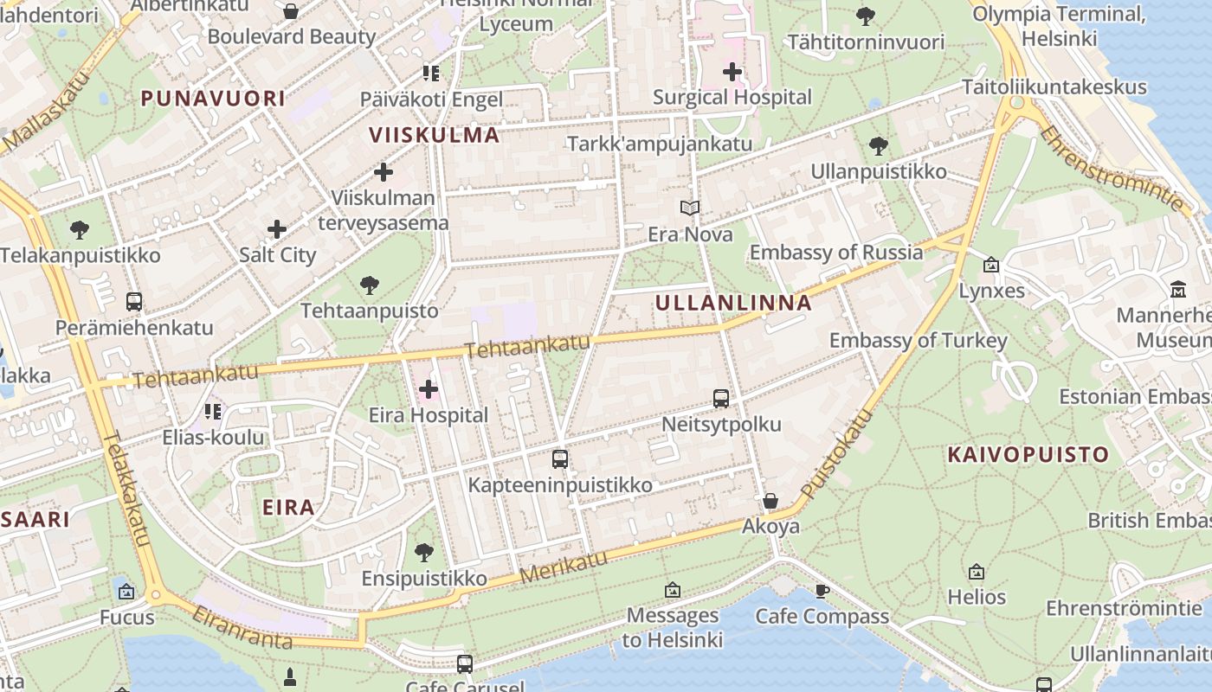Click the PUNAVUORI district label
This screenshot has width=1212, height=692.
tap(213, 99)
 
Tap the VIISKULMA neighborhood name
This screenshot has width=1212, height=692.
tap(435, 135)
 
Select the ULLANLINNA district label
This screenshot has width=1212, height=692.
tap(733, 303)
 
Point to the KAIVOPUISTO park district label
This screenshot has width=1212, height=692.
tap(1028, 455)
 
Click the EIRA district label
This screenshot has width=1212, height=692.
tap(289, 507)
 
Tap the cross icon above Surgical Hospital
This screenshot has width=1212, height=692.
tap(732, 72)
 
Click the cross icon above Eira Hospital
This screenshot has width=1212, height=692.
tap(428, 389)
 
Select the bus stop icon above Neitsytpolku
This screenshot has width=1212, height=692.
tap(721, 399)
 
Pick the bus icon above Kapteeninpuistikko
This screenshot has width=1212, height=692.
tap(560, 459)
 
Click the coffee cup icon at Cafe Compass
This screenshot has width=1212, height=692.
tap(822, 591)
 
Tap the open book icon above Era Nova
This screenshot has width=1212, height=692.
tap(690, 208)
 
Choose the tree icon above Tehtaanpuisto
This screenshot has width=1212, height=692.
tap(370, 285)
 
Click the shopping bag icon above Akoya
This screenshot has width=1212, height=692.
tap(770, 501)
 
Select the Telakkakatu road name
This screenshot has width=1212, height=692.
tap(126, 488)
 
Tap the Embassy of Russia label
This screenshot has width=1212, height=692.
tap(836, 253)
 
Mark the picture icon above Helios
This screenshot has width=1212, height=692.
tap(977, 572)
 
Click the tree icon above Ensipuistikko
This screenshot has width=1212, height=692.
tap(423, 552)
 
